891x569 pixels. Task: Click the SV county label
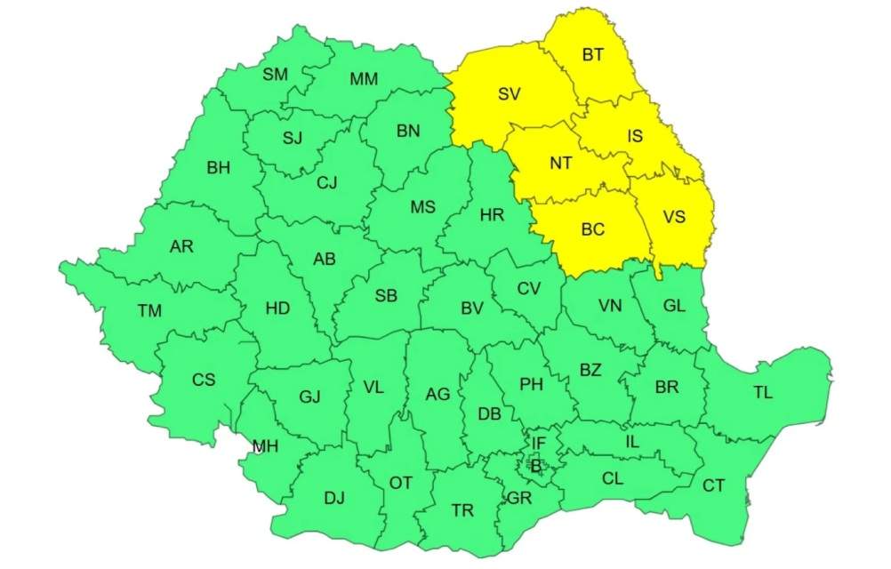pos(509,95)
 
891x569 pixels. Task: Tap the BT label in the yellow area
pos(593,55)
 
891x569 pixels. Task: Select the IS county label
pos(635,136)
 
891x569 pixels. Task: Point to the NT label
pos(560,163)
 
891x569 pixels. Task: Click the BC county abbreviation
pos(592,229)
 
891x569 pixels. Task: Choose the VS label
pos(674,216)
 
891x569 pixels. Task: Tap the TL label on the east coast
pos(763,392)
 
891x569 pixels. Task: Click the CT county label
pos(713,485)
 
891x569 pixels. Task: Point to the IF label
pos(538,441)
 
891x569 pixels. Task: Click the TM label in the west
pos(149,310)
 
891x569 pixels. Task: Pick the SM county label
pos(275,75)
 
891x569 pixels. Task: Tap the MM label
pos(363,79)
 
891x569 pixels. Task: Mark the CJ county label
pos(327,183)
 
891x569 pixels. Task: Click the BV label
pos(471,309)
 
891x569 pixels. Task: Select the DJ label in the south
pos(334,498)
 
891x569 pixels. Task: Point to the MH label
pos(265,446)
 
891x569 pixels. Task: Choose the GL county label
pos(674,305)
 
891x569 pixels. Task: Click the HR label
pos(492,214)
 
